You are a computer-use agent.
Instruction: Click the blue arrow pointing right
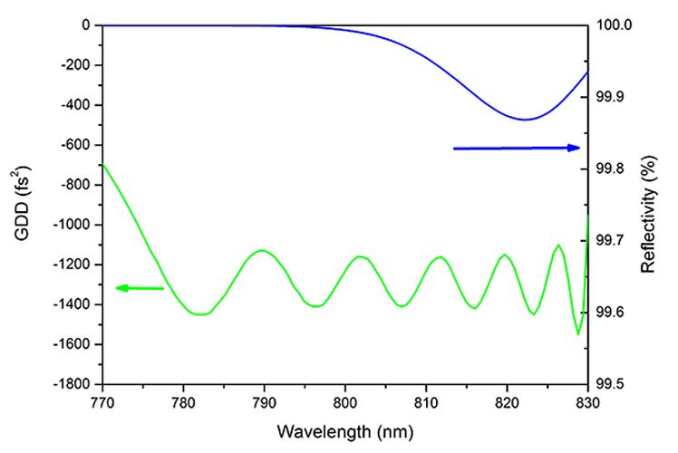pos(517,148)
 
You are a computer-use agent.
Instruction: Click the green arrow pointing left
pos(140,289)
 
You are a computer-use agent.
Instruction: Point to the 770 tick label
pos(102,403)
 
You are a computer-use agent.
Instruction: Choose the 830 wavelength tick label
pos(587,403)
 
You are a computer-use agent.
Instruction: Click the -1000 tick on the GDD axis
pos(73,225)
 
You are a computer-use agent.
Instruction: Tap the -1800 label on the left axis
pos(73,384)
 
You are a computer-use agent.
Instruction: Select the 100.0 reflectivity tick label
pos(615,25)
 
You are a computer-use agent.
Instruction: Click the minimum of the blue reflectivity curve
pos(524,120)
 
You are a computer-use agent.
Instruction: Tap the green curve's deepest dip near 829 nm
pos(578,334)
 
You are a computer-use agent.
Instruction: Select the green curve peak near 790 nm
pos(263,250)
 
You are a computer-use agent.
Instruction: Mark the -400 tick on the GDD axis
pos(76,105)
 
